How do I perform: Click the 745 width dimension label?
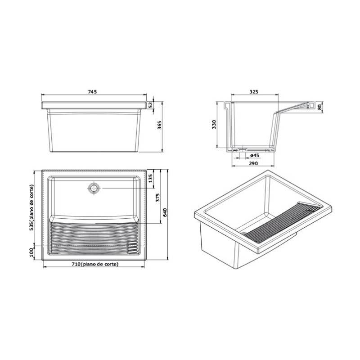(x=92, y=92)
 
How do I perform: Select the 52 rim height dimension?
(x=151, y=105)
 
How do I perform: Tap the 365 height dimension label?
(x=159, y=125)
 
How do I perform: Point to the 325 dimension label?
(x=254, y=92)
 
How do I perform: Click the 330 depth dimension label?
(x=214, y=124)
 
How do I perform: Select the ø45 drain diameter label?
(x=255, y=155)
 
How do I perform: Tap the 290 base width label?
(x=253, y=163)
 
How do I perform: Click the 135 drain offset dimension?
(x=151, y=178)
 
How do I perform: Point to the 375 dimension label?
(x=158, y=198)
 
